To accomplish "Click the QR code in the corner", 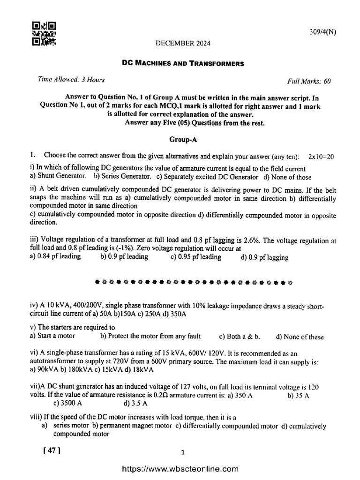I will tap(44, 34).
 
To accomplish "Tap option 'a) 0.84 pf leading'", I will tap(55, 256).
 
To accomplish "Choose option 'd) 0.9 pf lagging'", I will tap(264, 257).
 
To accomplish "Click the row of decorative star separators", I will tap(193, 283).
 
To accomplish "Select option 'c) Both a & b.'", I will tap(240, 336).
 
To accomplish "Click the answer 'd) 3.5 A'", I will tap(135, 403).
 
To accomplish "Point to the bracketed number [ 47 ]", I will tap(52, 450).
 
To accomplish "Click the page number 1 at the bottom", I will tap(183, 452).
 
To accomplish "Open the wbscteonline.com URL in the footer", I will tap(180, 469).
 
